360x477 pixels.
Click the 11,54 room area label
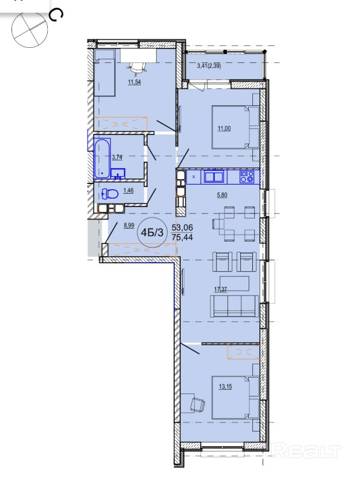[134, 82]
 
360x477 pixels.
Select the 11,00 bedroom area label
[224, 128]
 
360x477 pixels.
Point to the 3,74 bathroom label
[117, 157]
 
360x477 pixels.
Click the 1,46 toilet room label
[128, 191]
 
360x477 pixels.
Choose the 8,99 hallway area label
[129, 225]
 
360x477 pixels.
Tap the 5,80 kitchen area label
[222, 196]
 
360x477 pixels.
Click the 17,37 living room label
[221, 289]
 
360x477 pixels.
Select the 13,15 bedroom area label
[225, 387]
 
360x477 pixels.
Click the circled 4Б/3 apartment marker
[154, 232]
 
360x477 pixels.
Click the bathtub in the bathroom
[102, 158]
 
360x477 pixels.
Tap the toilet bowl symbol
[110, 194]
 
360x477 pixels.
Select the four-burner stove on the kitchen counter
[247, 177]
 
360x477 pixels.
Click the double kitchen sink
[214, 177]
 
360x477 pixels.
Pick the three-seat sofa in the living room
[234, 306]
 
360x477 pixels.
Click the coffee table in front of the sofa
[234, 283]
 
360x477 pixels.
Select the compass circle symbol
[30, 30]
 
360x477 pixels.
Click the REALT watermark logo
[307, 451]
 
